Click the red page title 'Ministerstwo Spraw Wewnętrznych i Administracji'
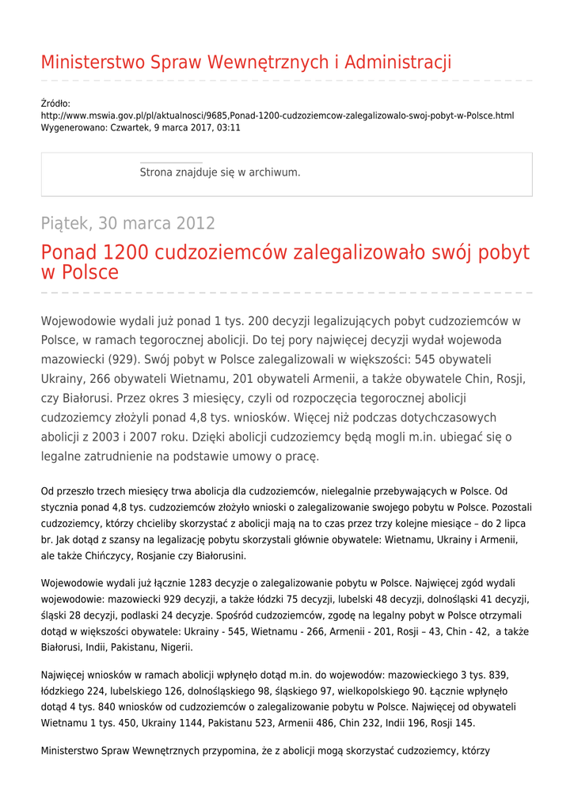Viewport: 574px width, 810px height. [x=246, y=62]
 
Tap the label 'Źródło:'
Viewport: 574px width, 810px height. [x=55, y=104]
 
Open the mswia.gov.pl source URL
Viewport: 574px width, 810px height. [x=277, y=115]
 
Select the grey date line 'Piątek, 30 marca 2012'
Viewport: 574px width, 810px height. [x=127, y=223]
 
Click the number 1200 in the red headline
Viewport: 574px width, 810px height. [x=125, y=253]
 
